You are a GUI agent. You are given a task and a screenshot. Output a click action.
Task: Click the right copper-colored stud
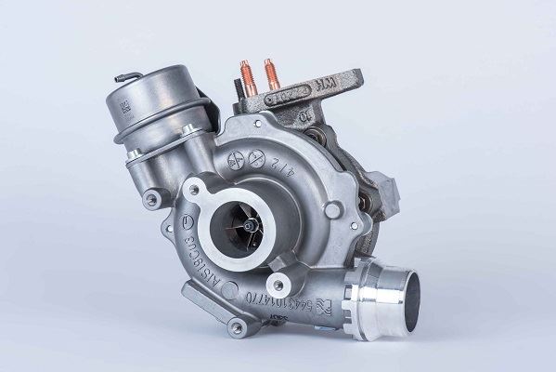pos(271,72)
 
